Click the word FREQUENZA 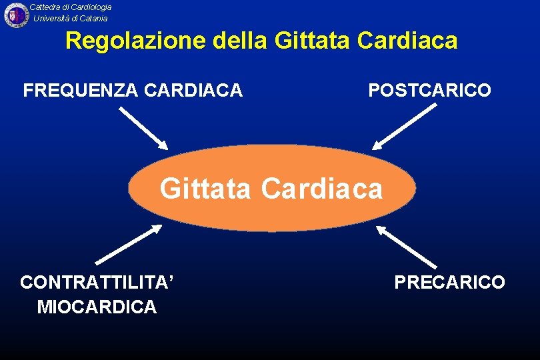click(79, 90)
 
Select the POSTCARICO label click(429, 90)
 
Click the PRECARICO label click(449, 282)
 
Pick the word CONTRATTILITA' click(97, 282)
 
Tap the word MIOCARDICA click(97, 307)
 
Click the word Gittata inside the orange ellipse click(205, 189)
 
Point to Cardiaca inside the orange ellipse click(322, 189)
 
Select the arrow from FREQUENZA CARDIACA click(144, 129)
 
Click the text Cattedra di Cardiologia click(71, 7)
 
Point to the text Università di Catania click(71, 18)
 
